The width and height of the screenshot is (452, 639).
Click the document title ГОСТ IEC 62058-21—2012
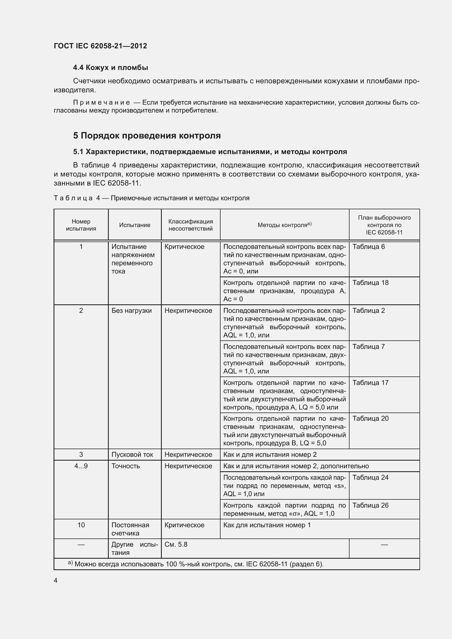[100, 46]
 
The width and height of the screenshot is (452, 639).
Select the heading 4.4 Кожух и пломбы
[110, 68]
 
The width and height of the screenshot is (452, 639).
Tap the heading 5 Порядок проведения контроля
[147, 136]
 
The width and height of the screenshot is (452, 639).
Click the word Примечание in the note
[101, 103]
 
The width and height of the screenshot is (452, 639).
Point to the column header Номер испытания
[81, 225]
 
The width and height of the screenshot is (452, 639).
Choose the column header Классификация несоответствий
[190, 225]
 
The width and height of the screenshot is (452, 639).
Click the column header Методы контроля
[284, 225]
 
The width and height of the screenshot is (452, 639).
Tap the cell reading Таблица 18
[370, 282]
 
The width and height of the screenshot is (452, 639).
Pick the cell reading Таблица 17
[370, 382]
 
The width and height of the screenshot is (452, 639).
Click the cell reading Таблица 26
[370, 505]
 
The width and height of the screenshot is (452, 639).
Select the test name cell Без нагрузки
[131, 310]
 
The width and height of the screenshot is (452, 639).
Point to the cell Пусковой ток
[132, 455]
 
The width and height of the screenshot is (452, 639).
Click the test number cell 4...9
[81, 466]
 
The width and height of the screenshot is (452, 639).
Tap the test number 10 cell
[81, 525]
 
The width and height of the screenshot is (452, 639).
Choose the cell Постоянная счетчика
[130, 529]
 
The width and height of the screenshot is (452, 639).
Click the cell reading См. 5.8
[176, 544]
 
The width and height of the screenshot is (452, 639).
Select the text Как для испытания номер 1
[267, 525]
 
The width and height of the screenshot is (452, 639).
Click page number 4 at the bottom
[55, 580]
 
